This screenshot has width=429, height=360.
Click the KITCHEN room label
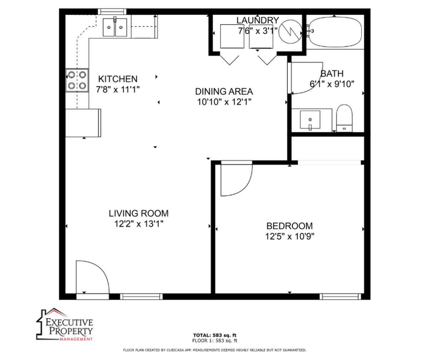[118, 79]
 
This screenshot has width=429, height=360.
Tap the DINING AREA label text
[224, 92]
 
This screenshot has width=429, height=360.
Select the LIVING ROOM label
[138, 213]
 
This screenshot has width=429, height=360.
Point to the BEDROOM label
[290, 226]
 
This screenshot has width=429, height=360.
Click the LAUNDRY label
[258, 20]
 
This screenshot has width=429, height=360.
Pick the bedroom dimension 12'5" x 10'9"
[290, 237]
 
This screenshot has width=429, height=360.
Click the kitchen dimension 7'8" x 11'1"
[118, 89]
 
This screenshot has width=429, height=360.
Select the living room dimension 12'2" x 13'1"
[139, 224]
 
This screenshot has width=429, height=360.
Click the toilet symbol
[344, 118]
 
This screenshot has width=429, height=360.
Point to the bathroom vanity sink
[310, 120]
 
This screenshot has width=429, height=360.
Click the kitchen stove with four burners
[77, 80]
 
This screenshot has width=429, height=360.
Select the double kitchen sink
[115, 27]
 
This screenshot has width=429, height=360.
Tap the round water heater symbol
[290, 32]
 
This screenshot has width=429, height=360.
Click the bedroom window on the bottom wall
[340, 296]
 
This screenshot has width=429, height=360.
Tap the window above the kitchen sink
[112, 11]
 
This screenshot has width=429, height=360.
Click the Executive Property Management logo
[65, 325]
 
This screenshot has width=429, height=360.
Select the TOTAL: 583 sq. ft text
[215, 335]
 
